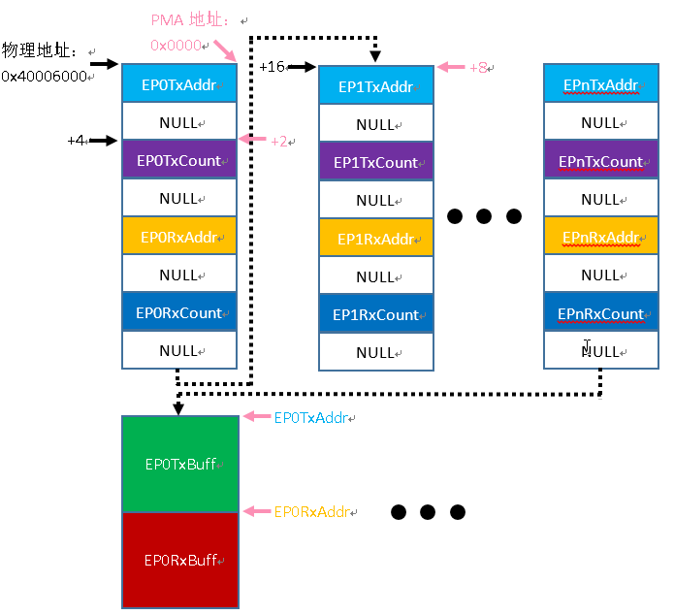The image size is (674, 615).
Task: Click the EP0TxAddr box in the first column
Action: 179,84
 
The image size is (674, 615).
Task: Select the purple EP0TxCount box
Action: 179,160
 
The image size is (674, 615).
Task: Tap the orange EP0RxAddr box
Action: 179,237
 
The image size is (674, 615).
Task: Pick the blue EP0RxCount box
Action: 179,312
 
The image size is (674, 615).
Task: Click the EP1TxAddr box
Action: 375,86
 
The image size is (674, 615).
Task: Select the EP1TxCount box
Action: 375,162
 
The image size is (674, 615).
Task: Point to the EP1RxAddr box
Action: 375,239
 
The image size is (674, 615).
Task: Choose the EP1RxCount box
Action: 375,314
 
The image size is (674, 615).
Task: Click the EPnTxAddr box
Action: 600,84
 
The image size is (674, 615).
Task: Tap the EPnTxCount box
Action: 600,161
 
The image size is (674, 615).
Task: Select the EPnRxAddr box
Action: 600,237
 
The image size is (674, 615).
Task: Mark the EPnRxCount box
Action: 600,312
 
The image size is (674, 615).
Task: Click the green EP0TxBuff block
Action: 179,464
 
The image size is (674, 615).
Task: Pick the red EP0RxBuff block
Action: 179,560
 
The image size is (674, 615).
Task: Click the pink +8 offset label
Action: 478,68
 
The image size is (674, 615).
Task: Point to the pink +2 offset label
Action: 278,141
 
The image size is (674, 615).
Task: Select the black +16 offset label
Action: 272,67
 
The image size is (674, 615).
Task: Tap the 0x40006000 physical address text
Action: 44,76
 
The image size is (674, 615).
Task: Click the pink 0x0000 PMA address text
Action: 176,45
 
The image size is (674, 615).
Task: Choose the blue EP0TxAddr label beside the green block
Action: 311,417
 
